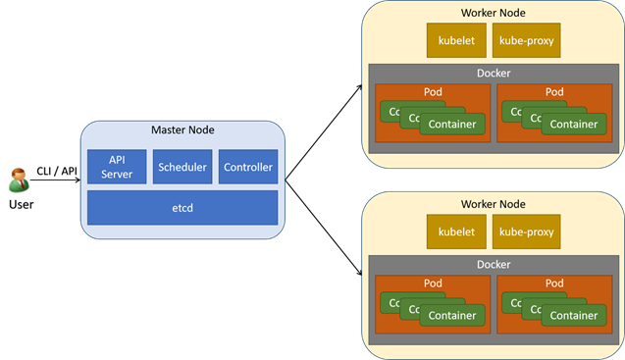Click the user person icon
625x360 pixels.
coord(20,180)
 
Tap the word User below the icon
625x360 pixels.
coord(21,204)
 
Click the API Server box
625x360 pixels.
coord(117,167)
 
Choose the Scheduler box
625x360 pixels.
coord(182,167)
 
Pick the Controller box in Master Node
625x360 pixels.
coord(248,167)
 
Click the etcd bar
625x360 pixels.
coord(182,208)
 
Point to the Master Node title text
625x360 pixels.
coord(182,130)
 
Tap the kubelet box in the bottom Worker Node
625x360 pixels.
coord(454,232)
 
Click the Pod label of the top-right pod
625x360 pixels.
coord(554,92)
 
